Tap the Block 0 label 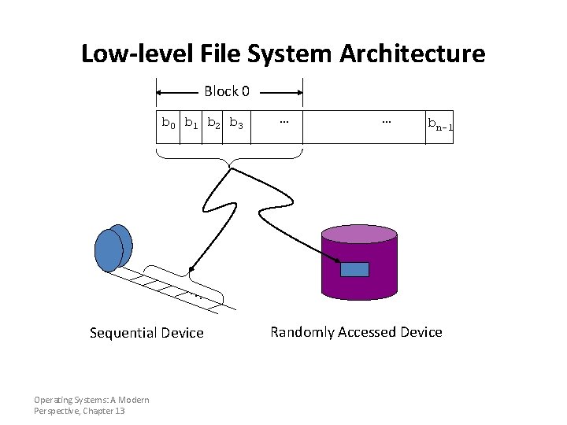pos(227,91)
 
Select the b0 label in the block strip pos(169,124)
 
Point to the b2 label pos(213,124)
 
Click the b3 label pos(236,124)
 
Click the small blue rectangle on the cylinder pos(354,269)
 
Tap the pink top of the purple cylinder pos(359,234)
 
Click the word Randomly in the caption pos(302,332)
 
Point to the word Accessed pos(366,332)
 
